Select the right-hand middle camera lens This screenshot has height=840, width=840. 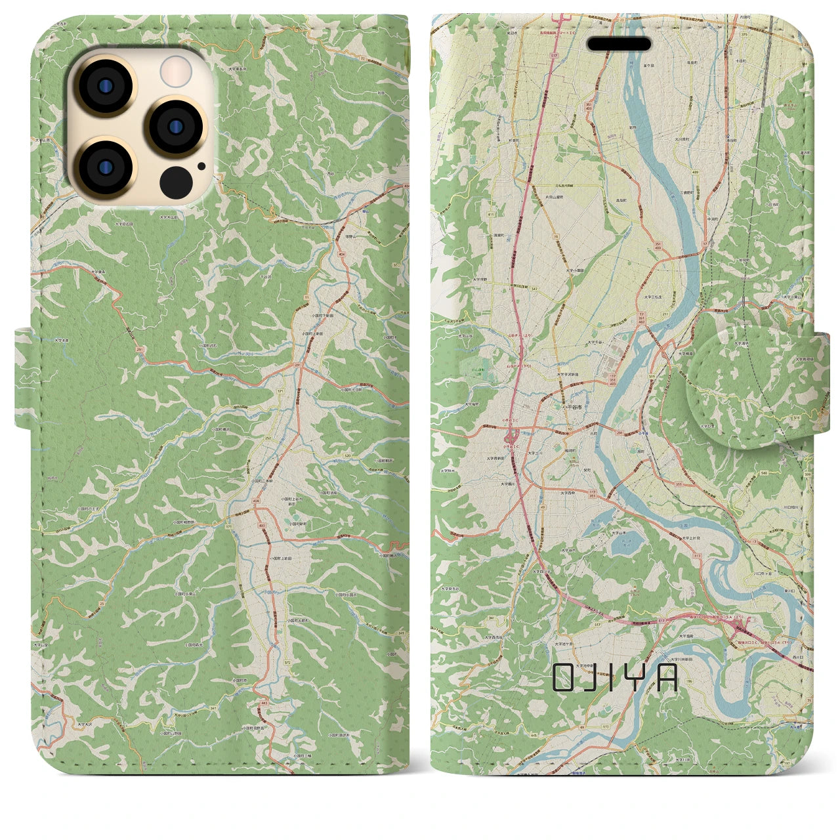[x=177, y=127]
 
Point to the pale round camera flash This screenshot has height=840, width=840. [x=176, y=71]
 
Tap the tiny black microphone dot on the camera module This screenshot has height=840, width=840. [x=201, y=166]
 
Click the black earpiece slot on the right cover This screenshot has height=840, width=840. [x=619, y=44]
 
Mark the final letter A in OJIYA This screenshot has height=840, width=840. [x=667, y=678]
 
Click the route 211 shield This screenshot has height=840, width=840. [x=665, y=314]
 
